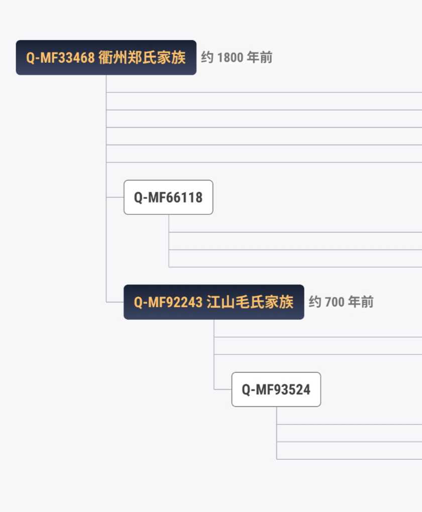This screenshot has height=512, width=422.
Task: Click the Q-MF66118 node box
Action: coord(168,197)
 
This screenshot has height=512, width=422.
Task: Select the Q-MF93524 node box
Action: coord(276,389)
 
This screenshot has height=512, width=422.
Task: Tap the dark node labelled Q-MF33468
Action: coord(106,57)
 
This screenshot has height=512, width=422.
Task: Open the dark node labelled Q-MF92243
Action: coord(214,302)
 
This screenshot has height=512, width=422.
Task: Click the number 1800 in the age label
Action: coord(230,57)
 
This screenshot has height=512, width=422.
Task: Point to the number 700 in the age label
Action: coord(335,302)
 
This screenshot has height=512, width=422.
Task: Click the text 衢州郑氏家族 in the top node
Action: coord(142,57)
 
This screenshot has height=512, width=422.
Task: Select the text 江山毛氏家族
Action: coord(250,302)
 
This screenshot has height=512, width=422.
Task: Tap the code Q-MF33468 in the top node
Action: coord(60,58)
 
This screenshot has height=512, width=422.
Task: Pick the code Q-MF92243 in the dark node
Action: coord(168,302)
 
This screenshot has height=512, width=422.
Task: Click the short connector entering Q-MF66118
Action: coord(115,197)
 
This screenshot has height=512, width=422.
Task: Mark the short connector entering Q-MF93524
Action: coord(223,389)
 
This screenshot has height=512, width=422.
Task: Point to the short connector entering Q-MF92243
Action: coord(115,302)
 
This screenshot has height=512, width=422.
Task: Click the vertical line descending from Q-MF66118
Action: coord(169,240)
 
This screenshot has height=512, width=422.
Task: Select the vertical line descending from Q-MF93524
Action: coord(276,433)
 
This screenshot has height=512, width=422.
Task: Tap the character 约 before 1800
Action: coord(207,57)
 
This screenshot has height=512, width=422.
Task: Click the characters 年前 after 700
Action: coord(361,302)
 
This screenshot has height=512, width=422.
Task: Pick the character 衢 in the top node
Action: coord(105,57)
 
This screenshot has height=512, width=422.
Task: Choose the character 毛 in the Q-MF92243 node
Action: coord(243,302)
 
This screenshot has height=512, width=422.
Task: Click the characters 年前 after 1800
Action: coord(260,57)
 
